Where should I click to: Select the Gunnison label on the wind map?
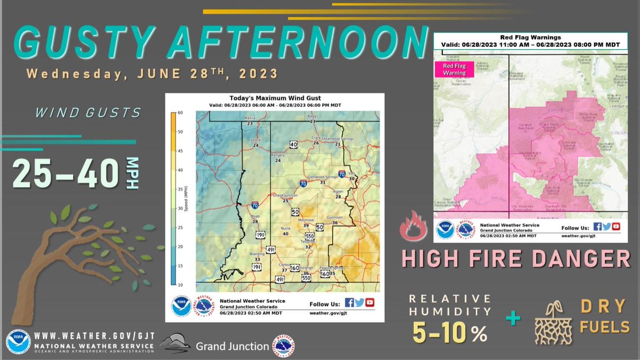[335, 218]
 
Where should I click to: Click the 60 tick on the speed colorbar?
[181, 113]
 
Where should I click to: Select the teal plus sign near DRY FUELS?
[513, 318]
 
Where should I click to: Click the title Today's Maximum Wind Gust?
[274, 98]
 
